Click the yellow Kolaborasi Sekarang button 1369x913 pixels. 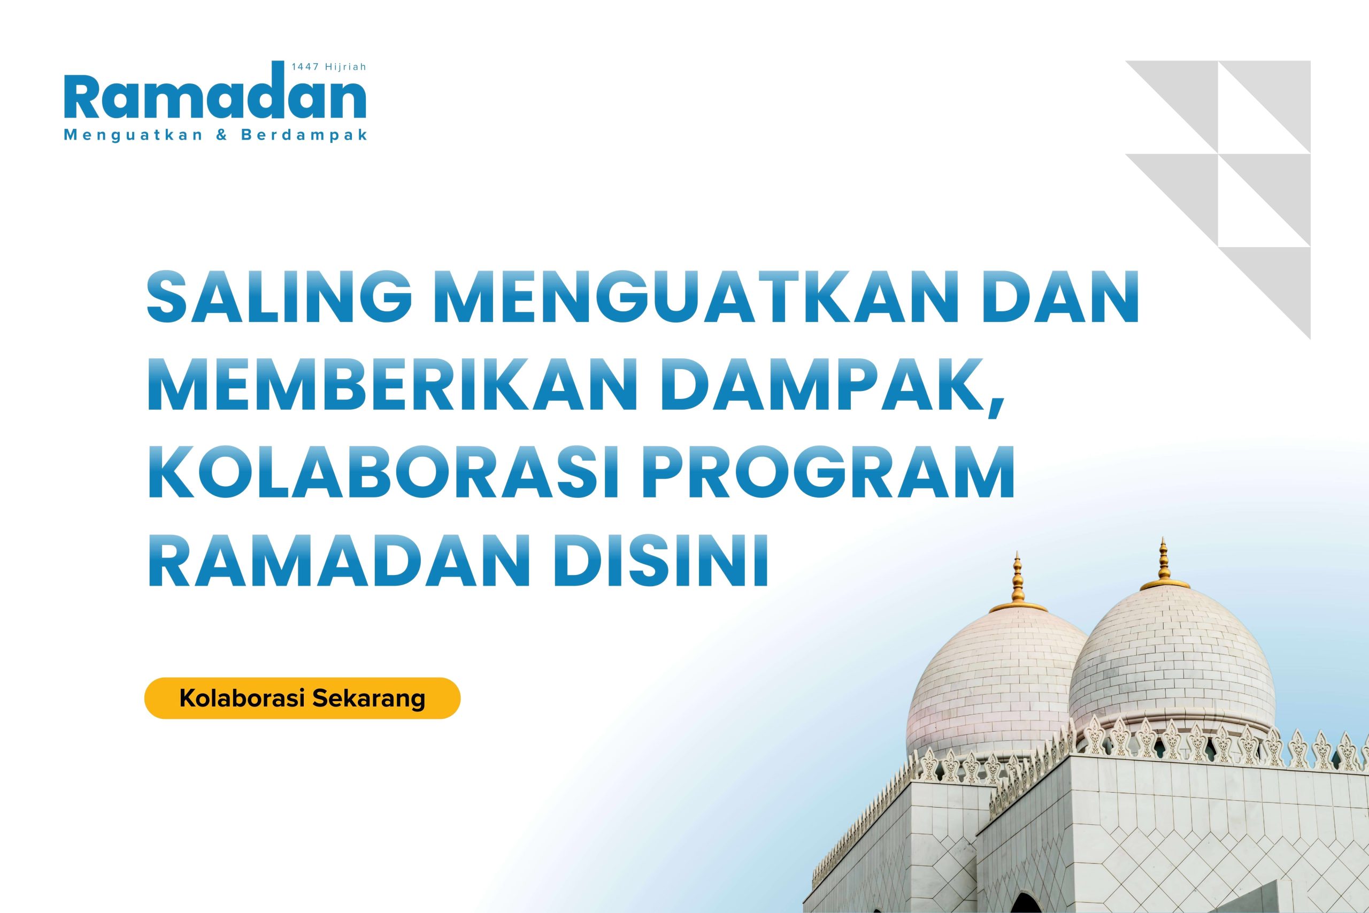302,698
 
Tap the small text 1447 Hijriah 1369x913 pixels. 329,67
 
